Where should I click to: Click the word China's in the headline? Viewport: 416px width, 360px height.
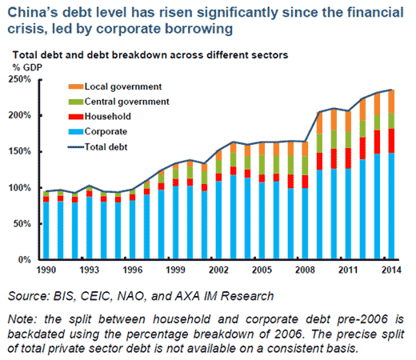[30, 11]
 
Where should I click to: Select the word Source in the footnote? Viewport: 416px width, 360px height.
[32, 294]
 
